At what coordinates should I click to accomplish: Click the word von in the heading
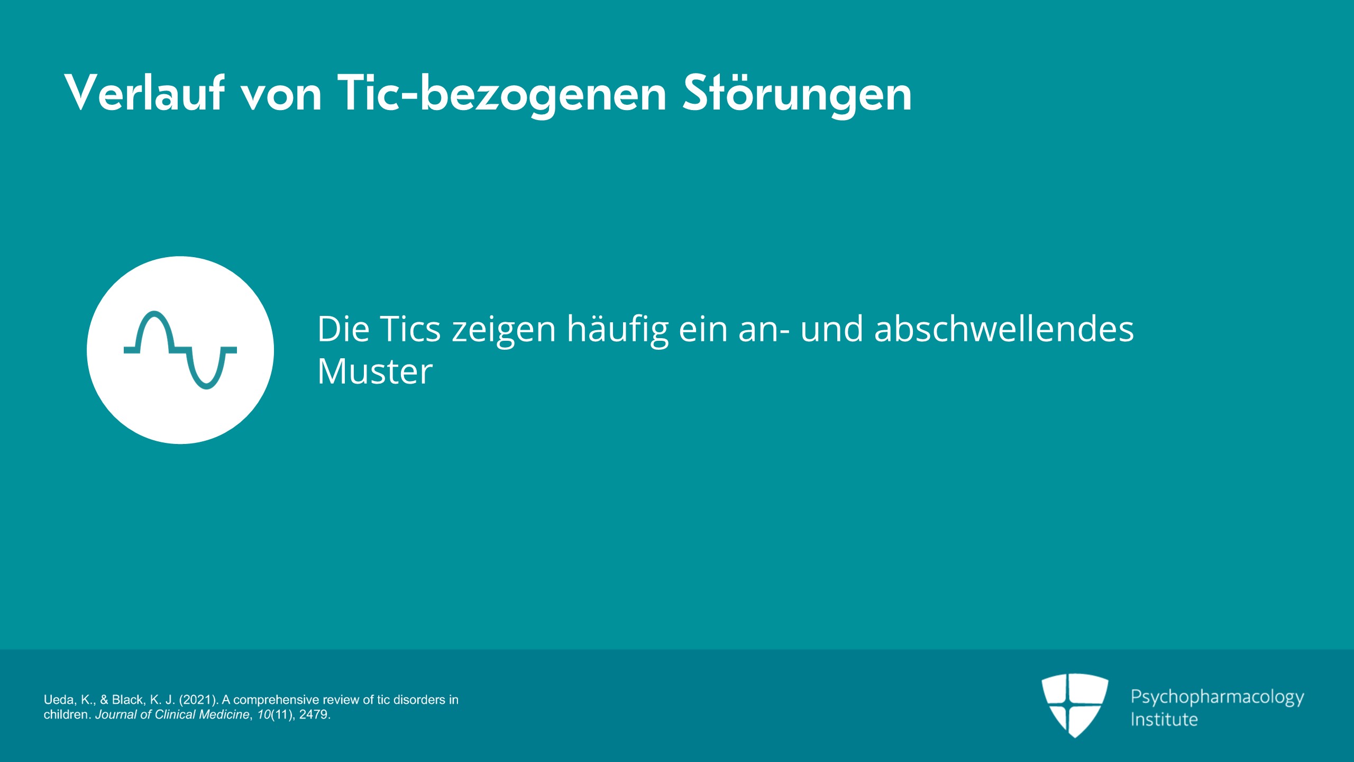281,97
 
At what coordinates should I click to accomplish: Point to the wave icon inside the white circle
180,350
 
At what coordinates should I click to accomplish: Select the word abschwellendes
1004,329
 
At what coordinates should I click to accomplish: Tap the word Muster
375,371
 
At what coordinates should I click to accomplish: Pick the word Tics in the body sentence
410,329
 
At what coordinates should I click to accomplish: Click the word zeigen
504,331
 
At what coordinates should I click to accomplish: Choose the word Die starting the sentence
343,329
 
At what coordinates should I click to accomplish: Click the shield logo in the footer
1075,705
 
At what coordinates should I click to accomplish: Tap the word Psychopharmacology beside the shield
1218,697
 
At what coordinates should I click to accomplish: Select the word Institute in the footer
1164,720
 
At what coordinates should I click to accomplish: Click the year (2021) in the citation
198,700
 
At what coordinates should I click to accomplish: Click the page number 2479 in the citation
315,715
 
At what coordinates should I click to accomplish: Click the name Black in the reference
127,700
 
